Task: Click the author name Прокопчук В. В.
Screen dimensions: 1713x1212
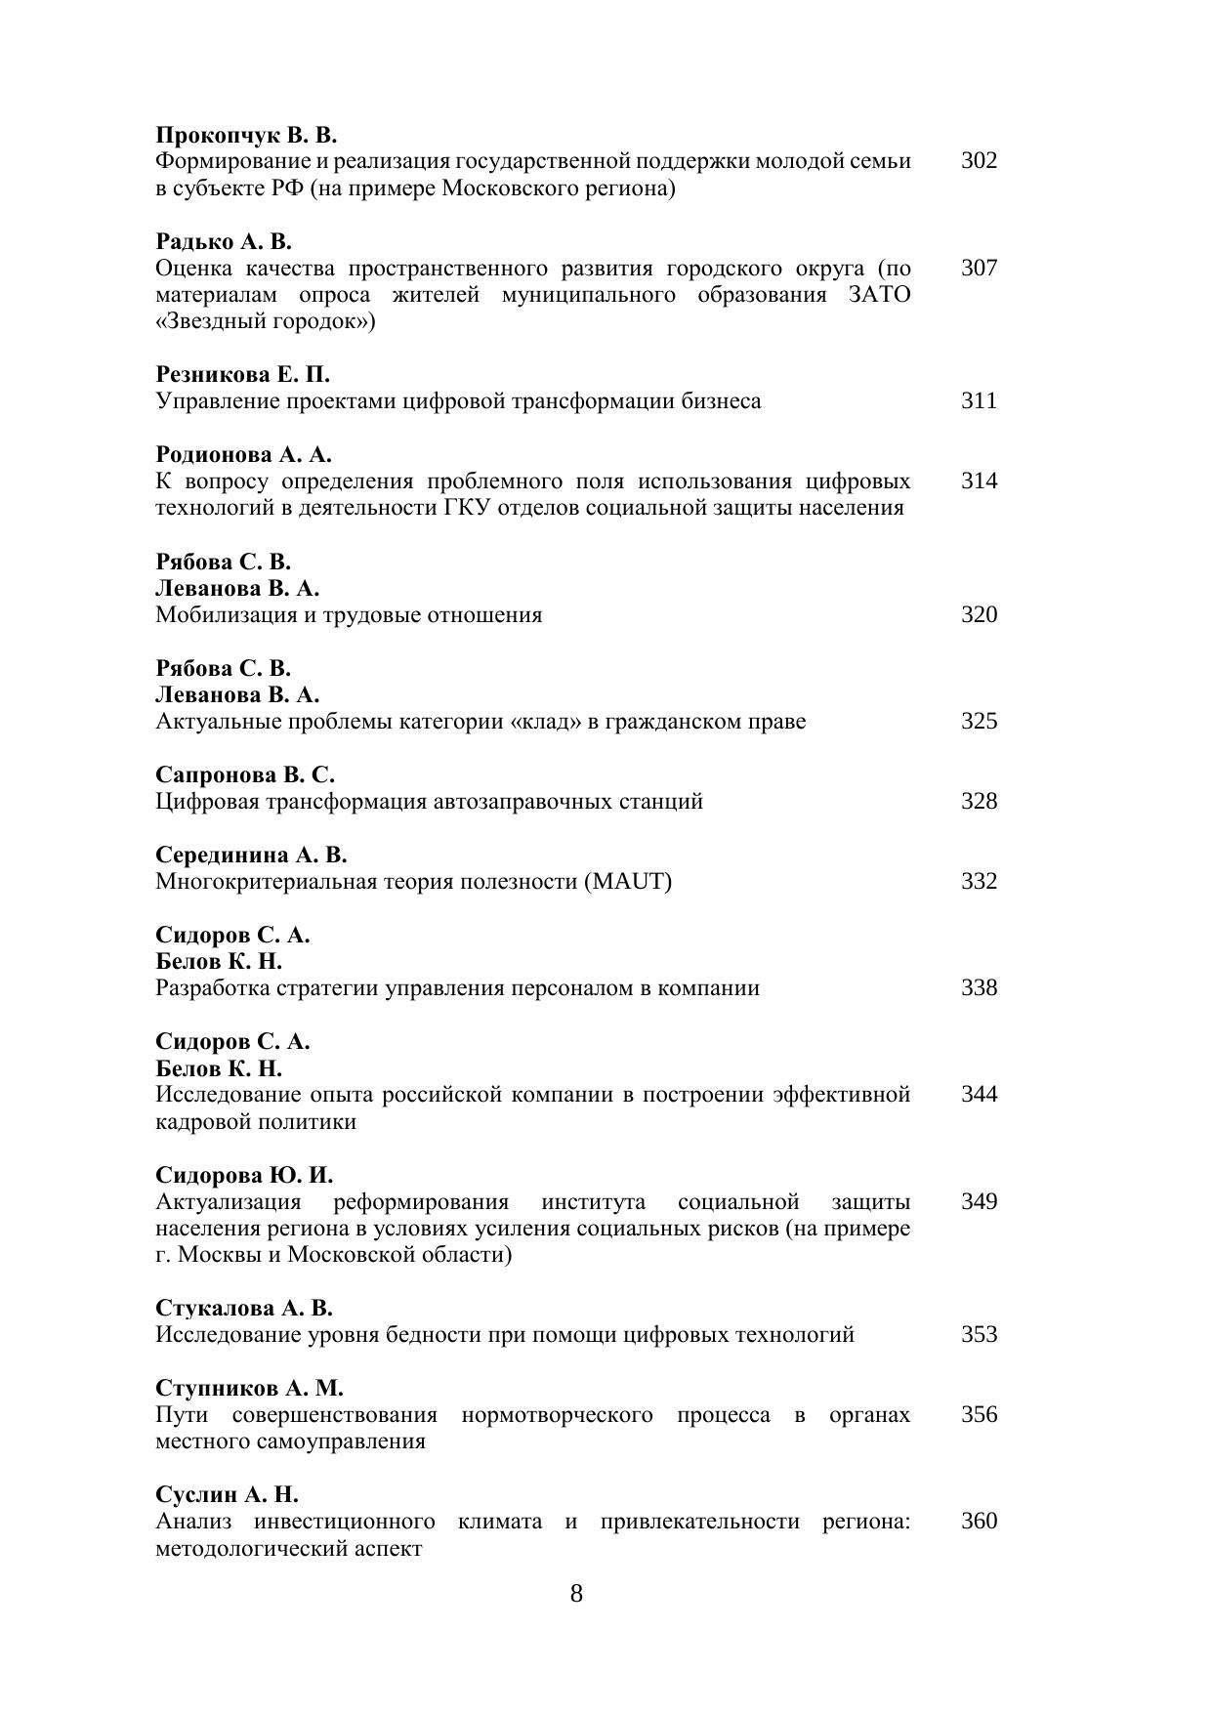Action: pyautogui.click(x=246, y=135)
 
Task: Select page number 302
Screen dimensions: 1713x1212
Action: pyautogui.click(x=979, y=161)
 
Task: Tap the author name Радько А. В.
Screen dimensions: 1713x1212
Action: pyautogui.click(x=224, y=241)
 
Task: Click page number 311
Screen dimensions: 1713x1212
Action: pyautogui.click(x=979, y=401)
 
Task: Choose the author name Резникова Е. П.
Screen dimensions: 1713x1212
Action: pyautogui.click(x=243, y=375)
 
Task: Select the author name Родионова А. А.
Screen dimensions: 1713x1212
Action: pyautogui.click(x=244, y=455)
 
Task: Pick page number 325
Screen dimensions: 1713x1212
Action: pyautogui.click(x=979, y=722)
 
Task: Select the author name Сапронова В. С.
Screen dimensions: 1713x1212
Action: pyautogui.click(x=245, y=775)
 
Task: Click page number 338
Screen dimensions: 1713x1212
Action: pyautogui.click(x=979, y=988)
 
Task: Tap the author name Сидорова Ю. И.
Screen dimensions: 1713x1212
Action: pyautogui.click(x=244, y=1175)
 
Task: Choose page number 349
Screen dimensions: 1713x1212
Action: pyautogui.click(x=979, y=1202)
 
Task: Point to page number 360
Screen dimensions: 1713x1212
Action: pyautogui.click(x=979, y=1522)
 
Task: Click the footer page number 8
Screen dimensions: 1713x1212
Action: pyautogui.click(x=576, y=1595)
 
